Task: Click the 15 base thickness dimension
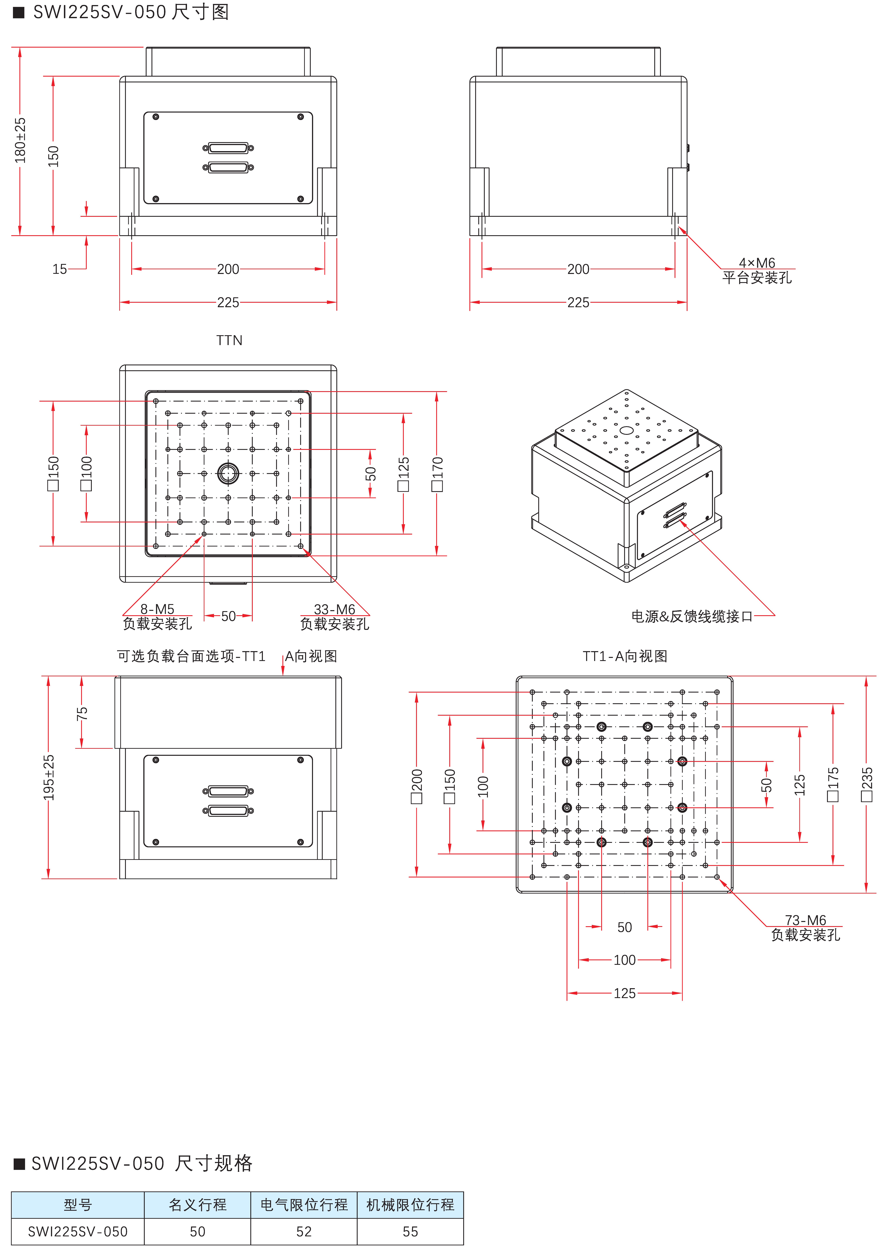coord(60,269)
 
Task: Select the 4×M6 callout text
coord(757,263)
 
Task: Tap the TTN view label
coord(229,340)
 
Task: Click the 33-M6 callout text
coord(334,609)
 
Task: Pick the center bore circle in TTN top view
coord(228,474)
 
